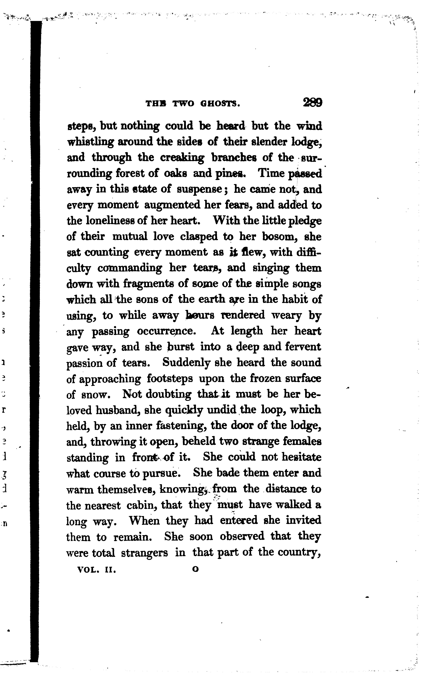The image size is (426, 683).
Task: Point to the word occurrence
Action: (166, 331)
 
